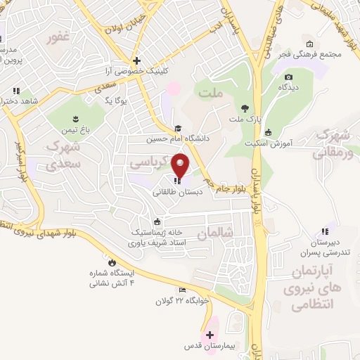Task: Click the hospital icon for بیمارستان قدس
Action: click(210, 335)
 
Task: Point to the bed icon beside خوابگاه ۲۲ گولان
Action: click(181, 290)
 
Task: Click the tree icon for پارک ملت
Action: click(244, 108)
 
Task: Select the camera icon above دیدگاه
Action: click(288, 77)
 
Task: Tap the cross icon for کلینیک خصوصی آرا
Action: click(137, 60)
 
